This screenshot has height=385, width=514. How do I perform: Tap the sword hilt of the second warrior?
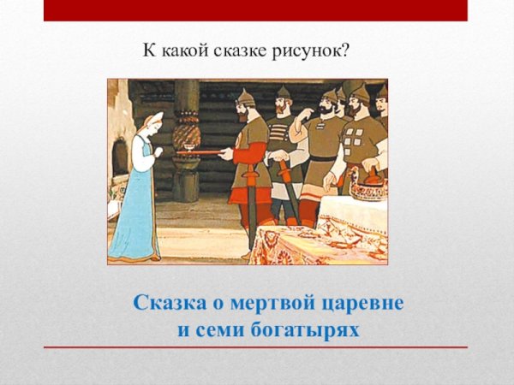coord(279,163)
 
